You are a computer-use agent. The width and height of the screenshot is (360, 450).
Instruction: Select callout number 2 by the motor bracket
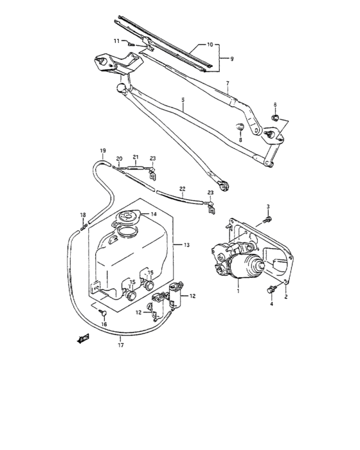[286, 297]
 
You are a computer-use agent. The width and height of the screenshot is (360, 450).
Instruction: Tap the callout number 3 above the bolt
[269, 206]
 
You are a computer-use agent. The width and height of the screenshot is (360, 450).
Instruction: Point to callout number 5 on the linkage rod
[183, 100]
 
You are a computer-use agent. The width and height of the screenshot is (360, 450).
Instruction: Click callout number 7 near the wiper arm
[227, 84]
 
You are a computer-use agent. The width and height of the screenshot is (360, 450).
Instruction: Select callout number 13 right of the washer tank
[187, 245]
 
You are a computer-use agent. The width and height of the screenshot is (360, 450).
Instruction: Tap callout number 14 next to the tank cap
[154, 214]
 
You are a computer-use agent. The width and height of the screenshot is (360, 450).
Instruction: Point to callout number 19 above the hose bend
[102, 150]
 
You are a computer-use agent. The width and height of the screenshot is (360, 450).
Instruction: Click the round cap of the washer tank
[129, 217]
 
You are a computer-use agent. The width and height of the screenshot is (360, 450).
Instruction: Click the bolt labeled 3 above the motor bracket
[267, 220]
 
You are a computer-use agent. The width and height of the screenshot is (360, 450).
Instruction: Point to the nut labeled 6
[274, 118]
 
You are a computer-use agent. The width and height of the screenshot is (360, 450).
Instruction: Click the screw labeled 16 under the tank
[103, 311]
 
